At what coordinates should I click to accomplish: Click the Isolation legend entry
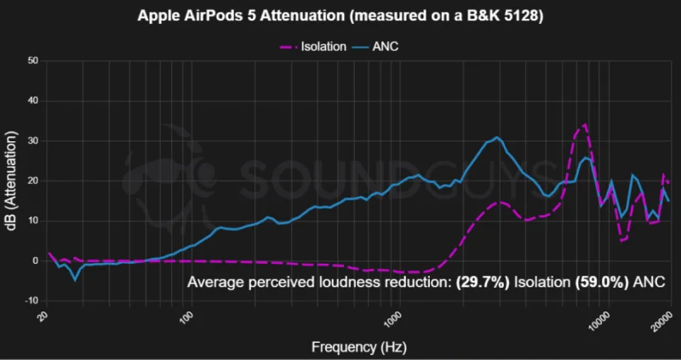pyautogui.click(x=312, y=47)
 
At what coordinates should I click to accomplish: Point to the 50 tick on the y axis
pyautogui.click(x=34, y=61)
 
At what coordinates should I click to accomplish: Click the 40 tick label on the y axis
pyautogui.click(x=34, y=101)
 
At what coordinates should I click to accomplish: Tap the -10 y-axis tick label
pyautogui.click(x=32, y=301)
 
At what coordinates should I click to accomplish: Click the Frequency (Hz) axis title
pyautogui.click(x=358, y=347)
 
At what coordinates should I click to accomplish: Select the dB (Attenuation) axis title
pyautogui.click(x=12, y=181)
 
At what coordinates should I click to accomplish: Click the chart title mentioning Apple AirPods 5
pyautogui.click(x=340, y=16)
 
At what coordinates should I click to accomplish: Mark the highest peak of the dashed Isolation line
pyautogui.click(x=586, y=124)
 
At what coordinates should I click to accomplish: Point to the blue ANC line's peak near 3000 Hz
pyautogui.click(x=497, y=137)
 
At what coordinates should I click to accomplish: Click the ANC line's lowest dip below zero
pyautogui.click(x=75, y=280)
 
